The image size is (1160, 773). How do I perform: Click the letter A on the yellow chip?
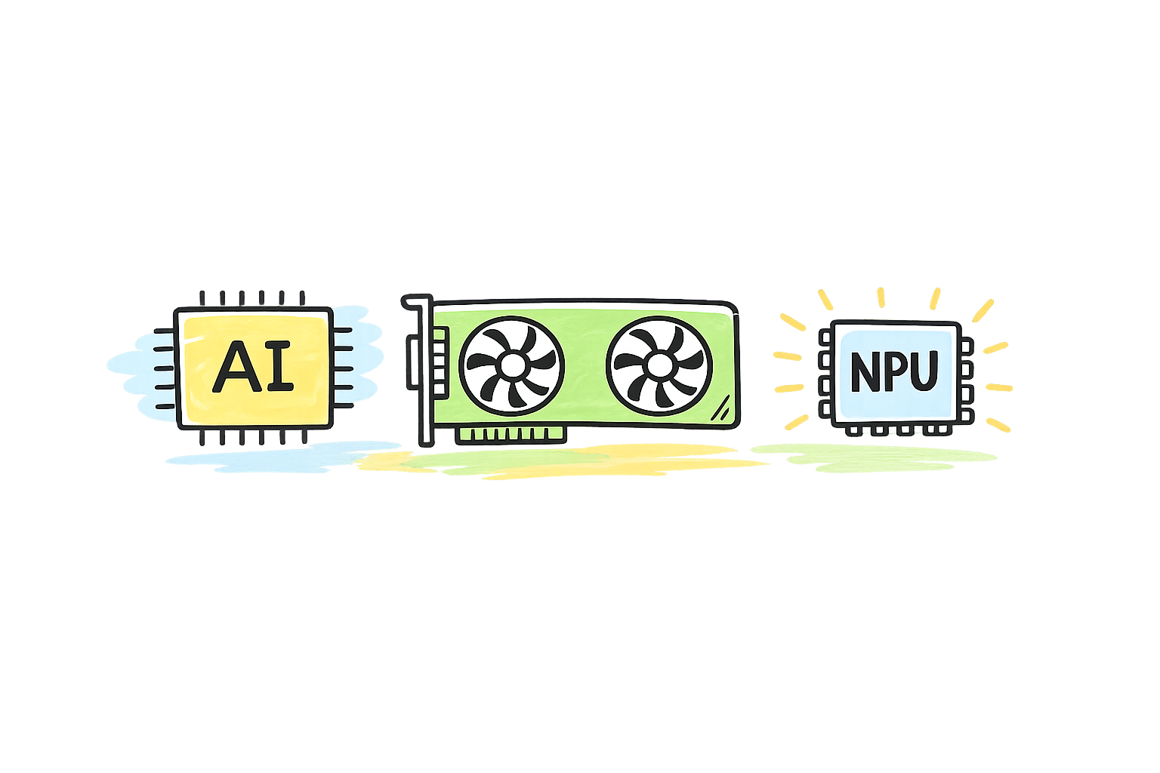click(234, 367)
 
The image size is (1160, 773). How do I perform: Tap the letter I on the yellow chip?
click(280, 367)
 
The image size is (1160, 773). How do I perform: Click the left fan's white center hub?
click(512, 366)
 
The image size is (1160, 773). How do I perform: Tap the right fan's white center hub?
click(659, 366)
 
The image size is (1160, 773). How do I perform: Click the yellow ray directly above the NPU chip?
click(880, 298)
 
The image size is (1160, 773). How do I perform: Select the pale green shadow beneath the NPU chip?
click(876, 455)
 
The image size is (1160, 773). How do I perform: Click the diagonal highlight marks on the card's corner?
click(721, 409)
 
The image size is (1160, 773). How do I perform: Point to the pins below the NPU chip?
click(896, 430)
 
